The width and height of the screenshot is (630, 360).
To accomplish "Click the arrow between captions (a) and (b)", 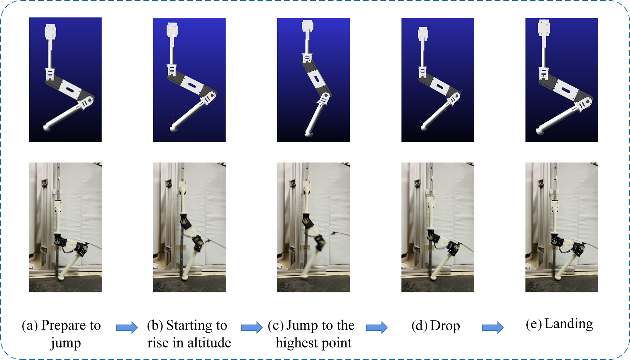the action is (127, 327).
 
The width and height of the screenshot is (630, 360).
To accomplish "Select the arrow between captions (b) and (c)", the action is (252, 327).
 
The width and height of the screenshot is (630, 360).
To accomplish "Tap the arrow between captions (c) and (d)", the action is (377, 327).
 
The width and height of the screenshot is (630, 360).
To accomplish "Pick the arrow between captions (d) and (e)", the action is (493, 327).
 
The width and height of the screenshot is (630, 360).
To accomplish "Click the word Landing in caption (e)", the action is (569, 324).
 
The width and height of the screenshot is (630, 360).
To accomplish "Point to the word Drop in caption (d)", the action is (445, 326).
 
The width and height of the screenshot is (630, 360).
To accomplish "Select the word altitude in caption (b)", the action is (209, 343).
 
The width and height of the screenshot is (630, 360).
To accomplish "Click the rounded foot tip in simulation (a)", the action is (48, 128).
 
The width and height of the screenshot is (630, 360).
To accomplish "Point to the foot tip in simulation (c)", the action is (309, 134).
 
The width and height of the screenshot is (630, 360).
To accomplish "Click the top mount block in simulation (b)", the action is (172, 30).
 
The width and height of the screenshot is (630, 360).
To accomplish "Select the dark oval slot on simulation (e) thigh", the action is (566, 90).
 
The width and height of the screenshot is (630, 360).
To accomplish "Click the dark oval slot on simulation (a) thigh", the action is (70, 90).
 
